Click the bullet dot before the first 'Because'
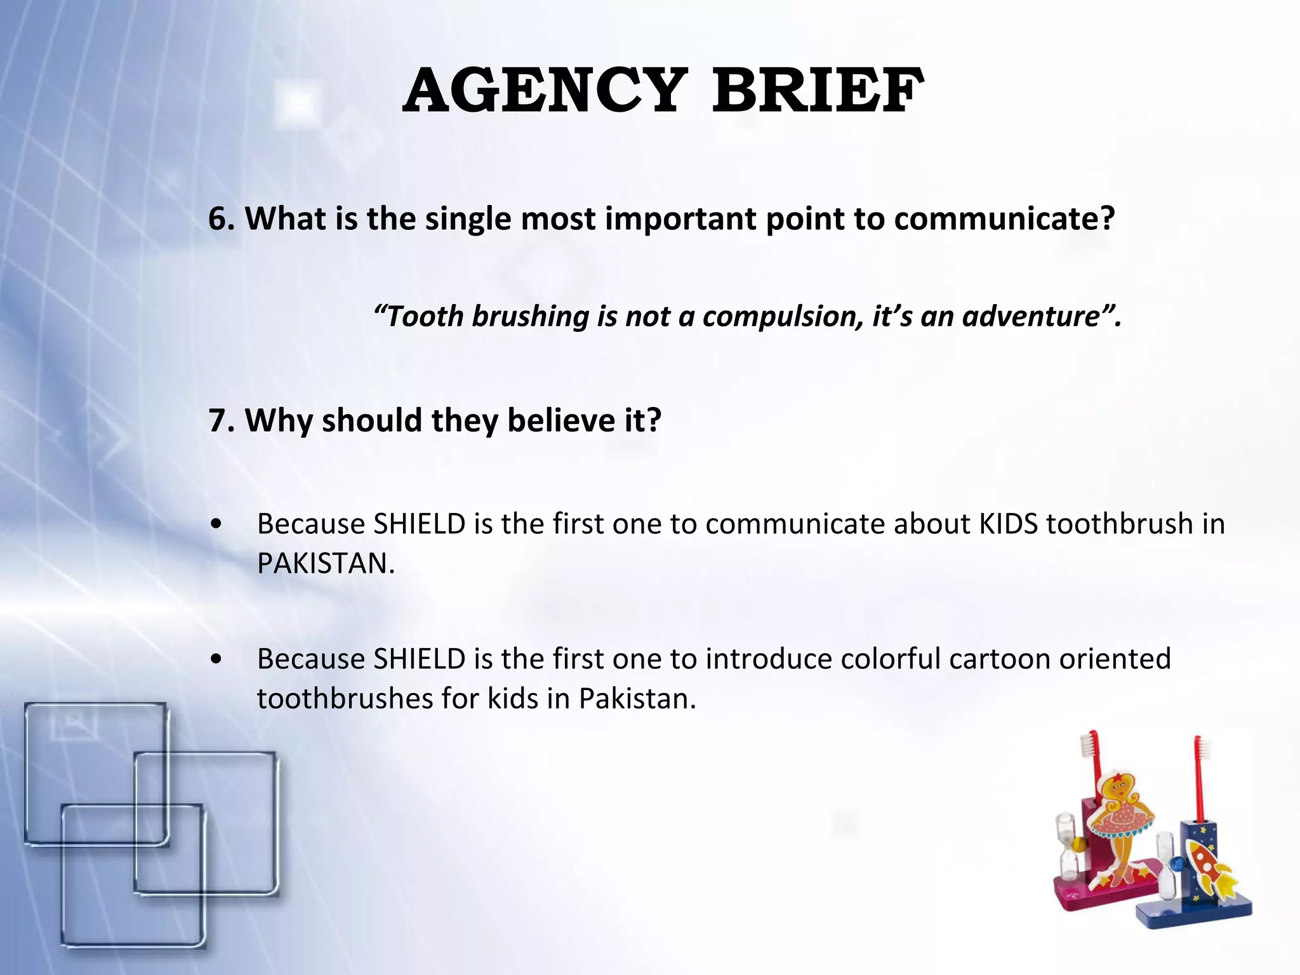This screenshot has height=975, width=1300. click(217, 525)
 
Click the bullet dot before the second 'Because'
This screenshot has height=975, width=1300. click(217, 660)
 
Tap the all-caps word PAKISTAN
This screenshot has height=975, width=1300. click(326, 564)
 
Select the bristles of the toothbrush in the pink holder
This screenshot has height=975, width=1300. click(1093, 746)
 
